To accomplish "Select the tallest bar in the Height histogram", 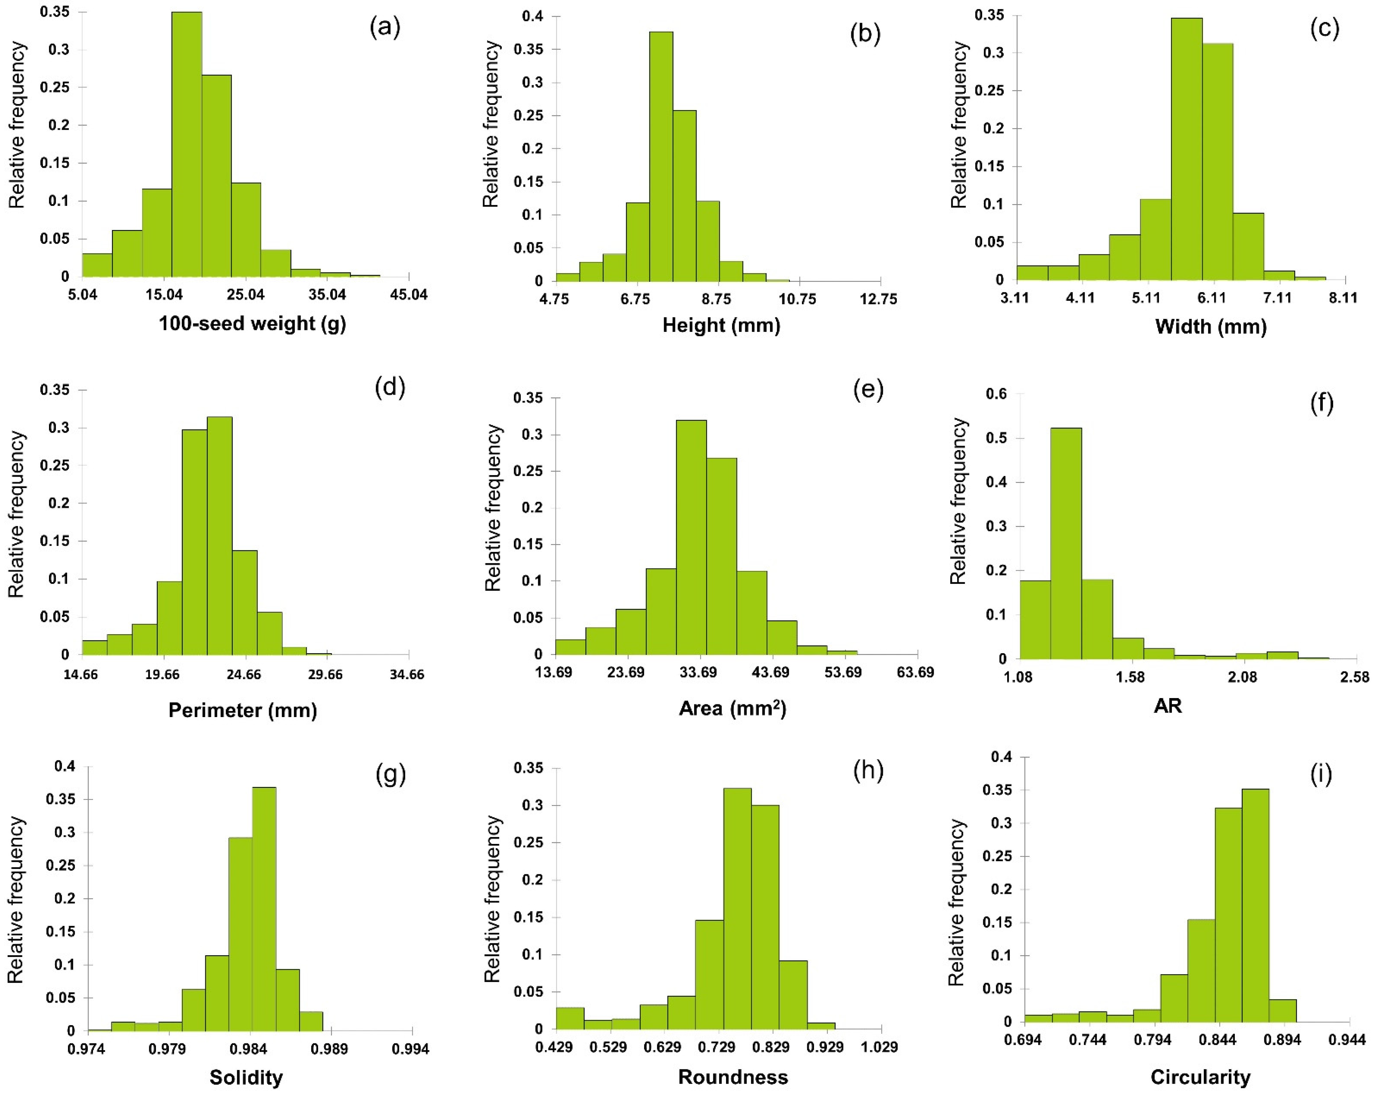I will (x=661, y=156).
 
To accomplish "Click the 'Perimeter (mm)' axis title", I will (x=243, y=710).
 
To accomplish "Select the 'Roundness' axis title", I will (x=733, y=1077).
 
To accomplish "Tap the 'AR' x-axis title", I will (x=1168, y=706).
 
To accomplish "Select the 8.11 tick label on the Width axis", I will (x=1343, y=298).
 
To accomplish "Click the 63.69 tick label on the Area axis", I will (x=915, y=672).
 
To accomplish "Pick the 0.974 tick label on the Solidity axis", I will (x=86, y=1049).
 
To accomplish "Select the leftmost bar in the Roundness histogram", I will (x=570, y=1018).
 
